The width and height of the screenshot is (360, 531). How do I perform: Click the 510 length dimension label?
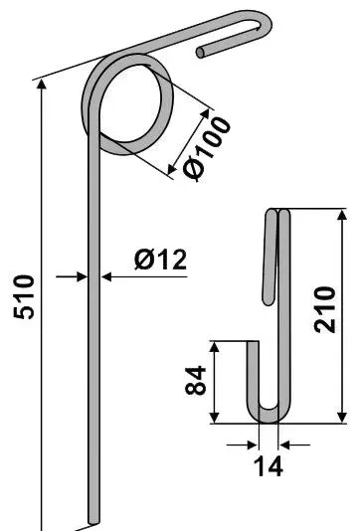point(24,297)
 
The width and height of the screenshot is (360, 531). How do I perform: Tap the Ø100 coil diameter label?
point(207,148)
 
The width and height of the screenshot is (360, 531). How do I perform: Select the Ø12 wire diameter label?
point(160,260)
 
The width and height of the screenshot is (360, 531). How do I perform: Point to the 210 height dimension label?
point(324,309)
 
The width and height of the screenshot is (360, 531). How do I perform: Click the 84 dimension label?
point(195,380)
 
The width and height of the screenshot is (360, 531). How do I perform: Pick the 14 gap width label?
point(268,466)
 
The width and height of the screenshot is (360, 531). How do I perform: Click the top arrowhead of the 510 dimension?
point(42,84)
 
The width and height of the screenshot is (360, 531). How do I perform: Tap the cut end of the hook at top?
point(201,53)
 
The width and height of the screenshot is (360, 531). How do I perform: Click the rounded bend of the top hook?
point(265,23)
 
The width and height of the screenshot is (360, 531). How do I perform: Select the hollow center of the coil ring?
point(129,103)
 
